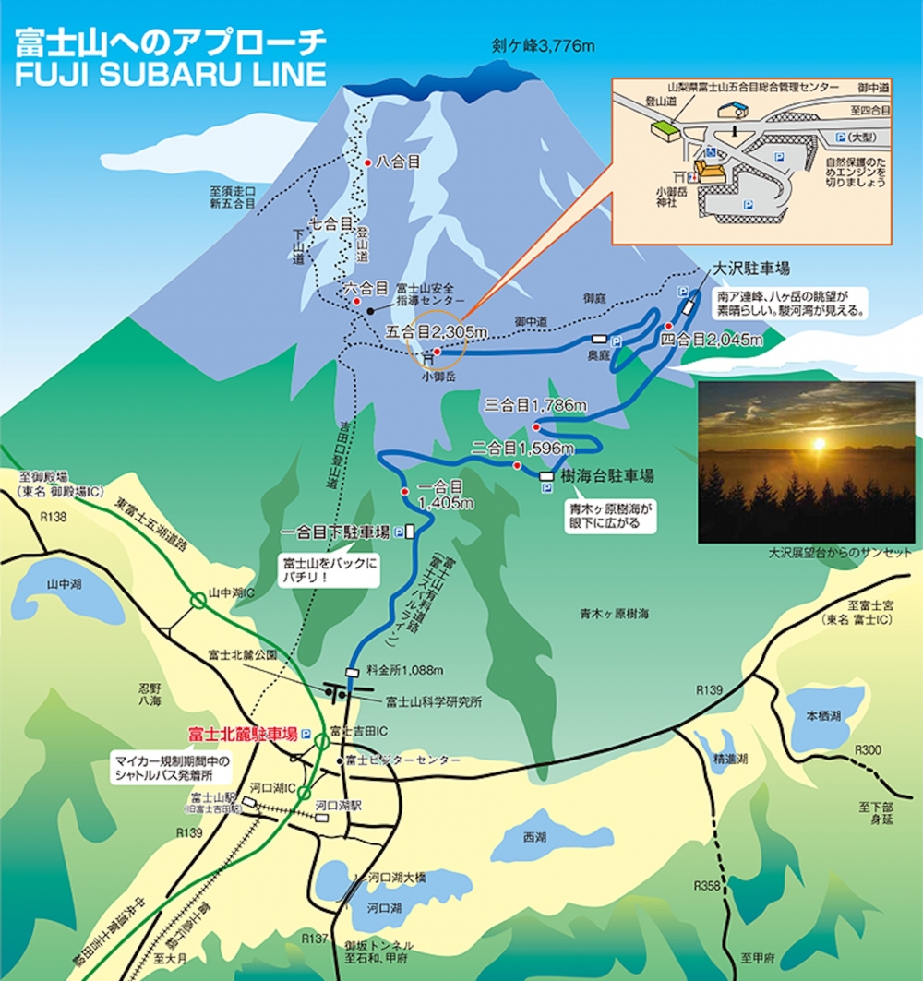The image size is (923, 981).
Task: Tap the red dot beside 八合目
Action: click(368, 162)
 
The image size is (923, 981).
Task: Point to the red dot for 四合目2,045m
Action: click(668, 326)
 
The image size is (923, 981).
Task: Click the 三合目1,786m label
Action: click(535, 405)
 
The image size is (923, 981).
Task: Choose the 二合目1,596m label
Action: click(522, 449)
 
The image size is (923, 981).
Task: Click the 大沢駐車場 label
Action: click(752, 269)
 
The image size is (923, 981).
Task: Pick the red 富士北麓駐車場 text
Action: click(243, 735)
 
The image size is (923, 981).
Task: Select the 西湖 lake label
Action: click(533, 838)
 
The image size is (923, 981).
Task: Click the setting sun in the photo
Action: click(817, 445)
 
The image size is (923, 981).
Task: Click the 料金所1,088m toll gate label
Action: click(405, 670)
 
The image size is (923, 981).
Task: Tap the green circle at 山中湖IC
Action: click(198, 600)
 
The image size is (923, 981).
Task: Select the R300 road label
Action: click(869, 749)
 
